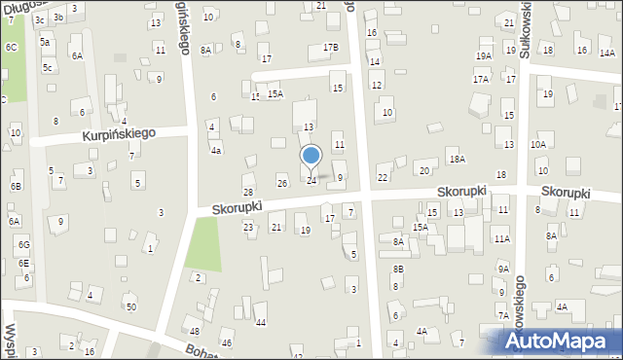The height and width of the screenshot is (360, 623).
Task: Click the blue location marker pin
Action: pos(311,157)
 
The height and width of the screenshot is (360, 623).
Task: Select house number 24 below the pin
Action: pos(311,181)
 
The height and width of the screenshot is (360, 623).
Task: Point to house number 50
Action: pos(131,307)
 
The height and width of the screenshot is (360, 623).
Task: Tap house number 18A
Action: pos(456,159)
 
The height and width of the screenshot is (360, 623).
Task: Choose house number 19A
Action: pos(483,56)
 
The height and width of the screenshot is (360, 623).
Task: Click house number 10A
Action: pos(538,144)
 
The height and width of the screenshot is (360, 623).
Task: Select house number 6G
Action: pos(23,244)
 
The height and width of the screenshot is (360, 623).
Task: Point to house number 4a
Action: pos(216,151)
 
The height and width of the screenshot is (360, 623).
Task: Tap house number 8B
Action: pos(398,269)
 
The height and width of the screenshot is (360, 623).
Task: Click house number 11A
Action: pos(501,238)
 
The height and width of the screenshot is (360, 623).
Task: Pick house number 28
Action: pos(248,192)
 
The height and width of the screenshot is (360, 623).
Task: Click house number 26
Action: pos(282,183)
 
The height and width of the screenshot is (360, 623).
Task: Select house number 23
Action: pos(248,227)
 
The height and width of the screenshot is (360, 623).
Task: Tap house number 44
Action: pos(260,322)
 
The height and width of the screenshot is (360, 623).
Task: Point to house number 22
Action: pos(383,177)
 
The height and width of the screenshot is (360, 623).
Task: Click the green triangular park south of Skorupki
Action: pos(203,242)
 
